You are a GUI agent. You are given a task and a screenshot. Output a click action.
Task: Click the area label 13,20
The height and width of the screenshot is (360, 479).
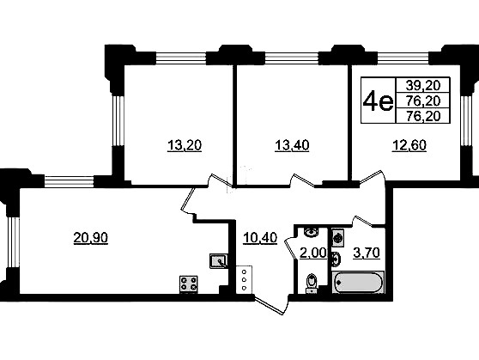pos(185,145)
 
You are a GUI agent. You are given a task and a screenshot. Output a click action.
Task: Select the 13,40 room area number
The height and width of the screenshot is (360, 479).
pos(292,145)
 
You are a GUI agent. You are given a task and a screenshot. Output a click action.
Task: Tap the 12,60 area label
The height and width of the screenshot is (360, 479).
pos(409,145)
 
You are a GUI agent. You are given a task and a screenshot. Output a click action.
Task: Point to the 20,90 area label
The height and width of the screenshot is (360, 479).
pos(91,237)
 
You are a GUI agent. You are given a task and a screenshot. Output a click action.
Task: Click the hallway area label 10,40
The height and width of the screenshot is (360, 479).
pos(260,237)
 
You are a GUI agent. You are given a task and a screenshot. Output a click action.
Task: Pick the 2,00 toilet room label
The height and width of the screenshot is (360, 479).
pos(312,253)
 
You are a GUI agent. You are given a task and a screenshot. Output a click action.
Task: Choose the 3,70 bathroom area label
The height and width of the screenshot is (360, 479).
pos(367,253)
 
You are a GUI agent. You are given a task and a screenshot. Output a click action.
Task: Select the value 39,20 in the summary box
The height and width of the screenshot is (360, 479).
pos(423,85)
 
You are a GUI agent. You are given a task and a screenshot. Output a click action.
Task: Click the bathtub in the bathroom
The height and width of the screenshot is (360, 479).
pos(357,282)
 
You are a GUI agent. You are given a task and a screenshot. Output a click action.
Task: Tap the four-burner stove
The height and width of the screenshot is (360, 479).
pos(189,284)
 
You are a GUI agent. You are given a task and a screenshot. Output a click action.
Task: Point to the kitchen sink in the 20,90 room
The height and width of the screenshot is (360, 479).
pos(218,261)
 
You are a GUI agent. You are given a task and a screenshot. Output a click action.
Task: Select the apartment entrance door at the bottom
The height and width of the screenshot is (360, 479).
pos(271,305)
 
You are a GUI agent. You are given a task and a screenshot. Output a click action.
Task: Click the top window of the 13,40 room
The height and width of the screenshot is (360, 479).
pos(291,58)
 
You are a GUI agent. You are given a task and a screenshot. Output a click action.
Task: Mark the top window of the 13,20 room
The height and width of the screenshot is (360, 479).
pos(181,58)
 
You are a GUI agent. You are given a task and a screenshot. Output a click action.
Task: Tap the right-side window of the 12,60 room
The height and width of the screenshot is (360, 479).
pos(466,120)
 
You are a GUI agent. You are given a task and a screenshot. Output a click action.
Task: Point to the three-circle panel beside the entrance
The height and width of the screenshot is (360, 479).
pos(244,279)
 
